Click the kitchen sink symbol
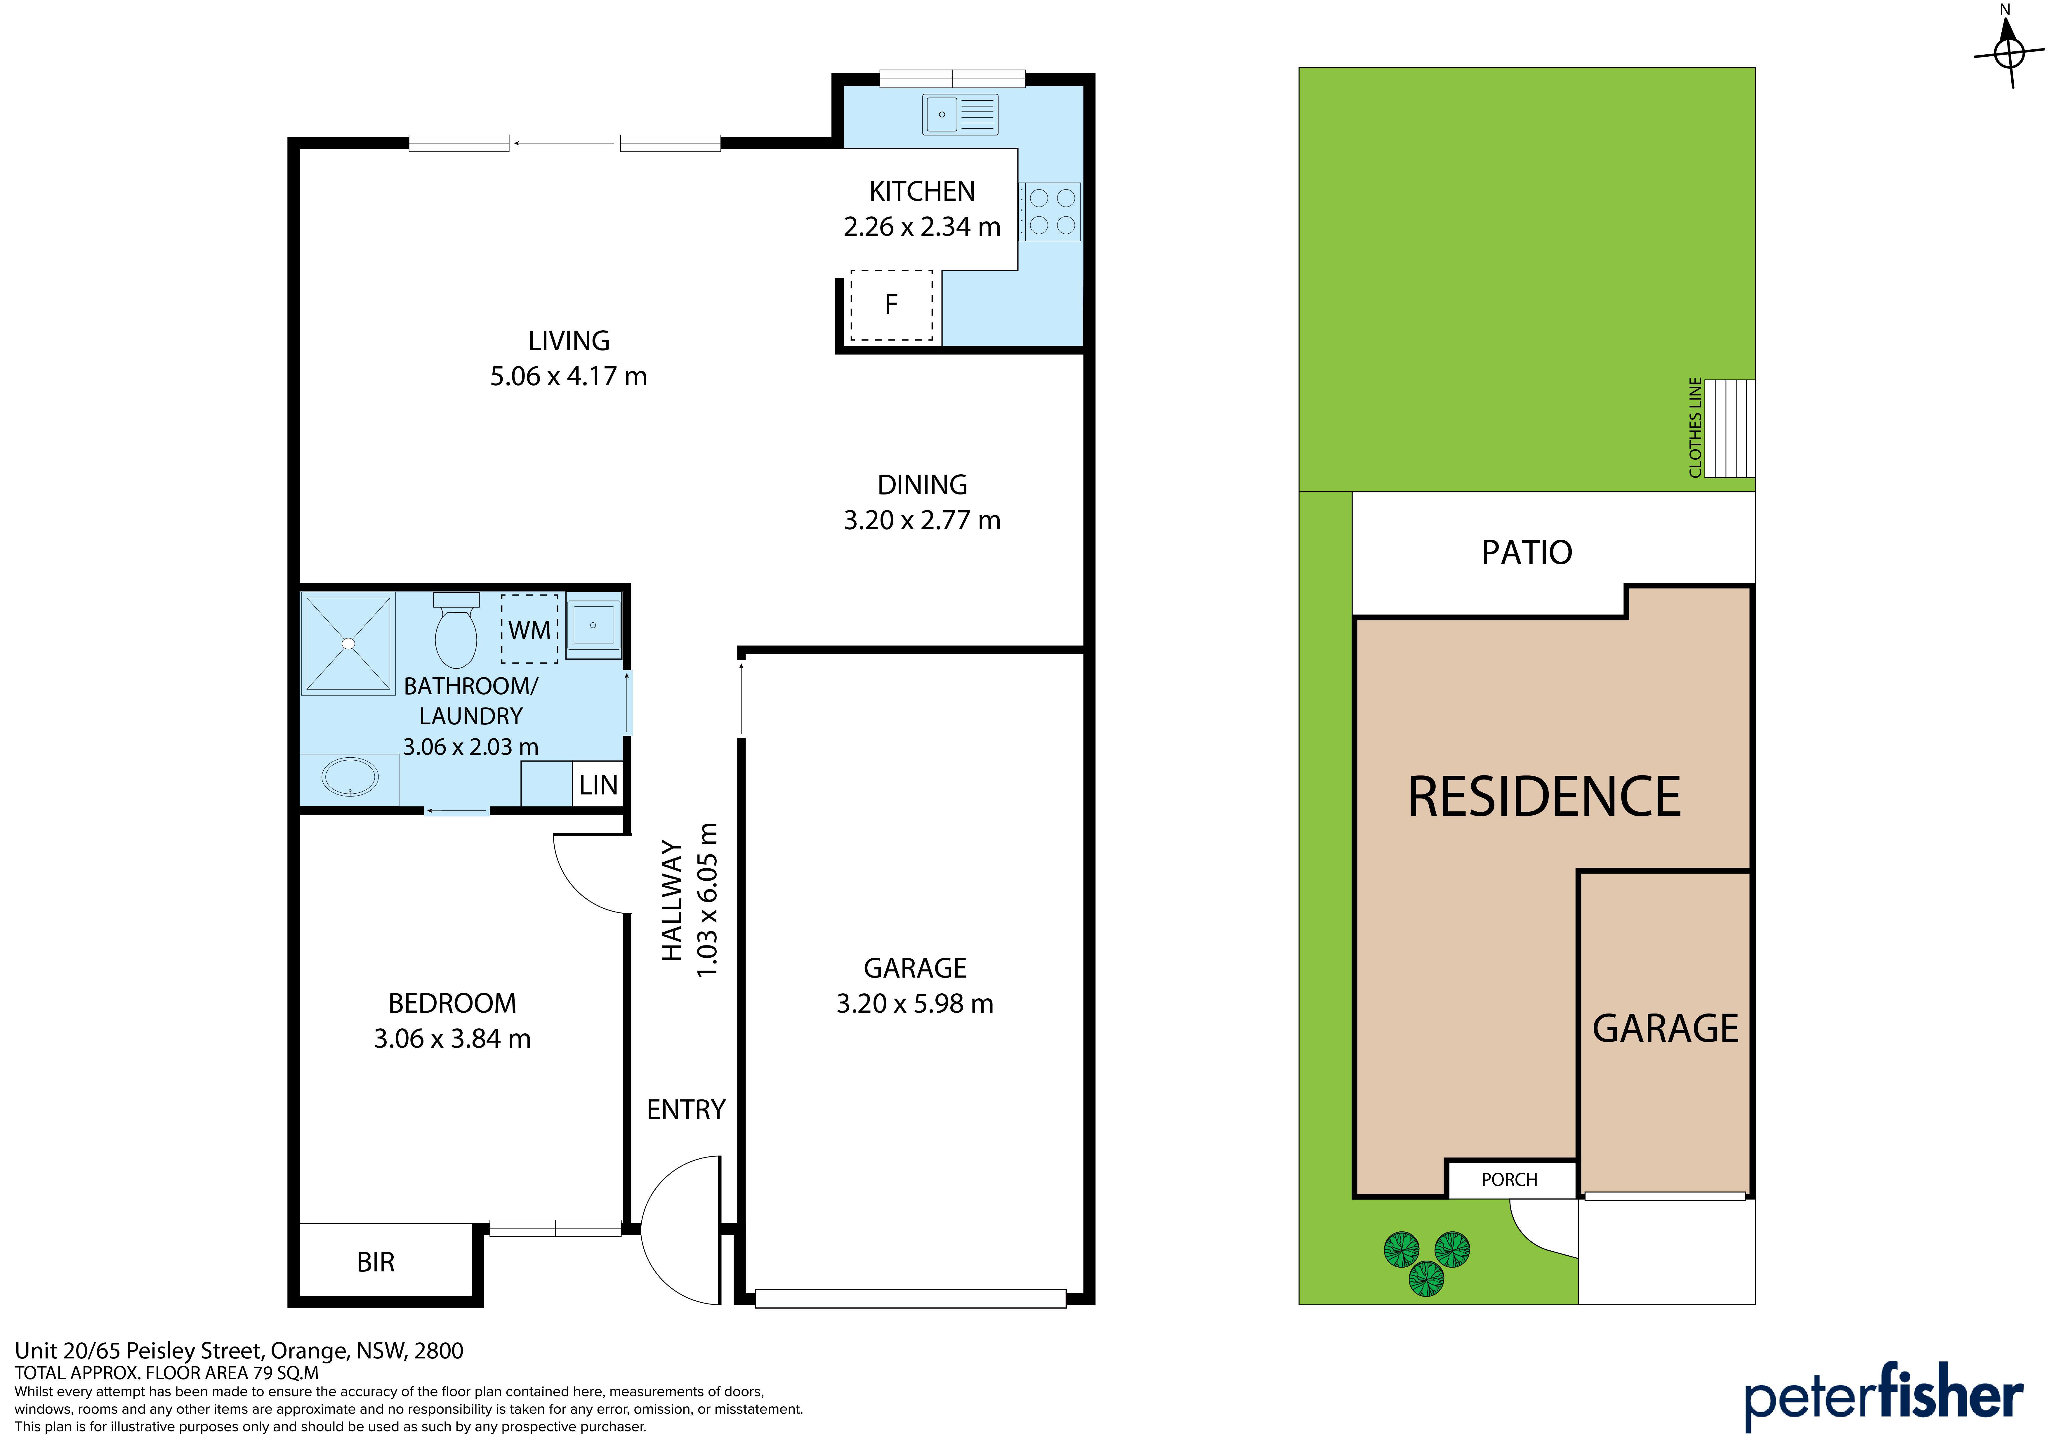[960, 114]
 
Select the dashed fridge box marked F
[892, 305]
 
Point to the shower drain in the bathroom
[349, 644]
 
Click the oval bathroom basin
[350, 778]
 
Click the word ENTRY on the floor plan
[686, 1110]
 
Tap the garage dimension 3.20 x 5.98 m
[915, 1004]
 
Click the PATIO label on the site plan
[1527, 553]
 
